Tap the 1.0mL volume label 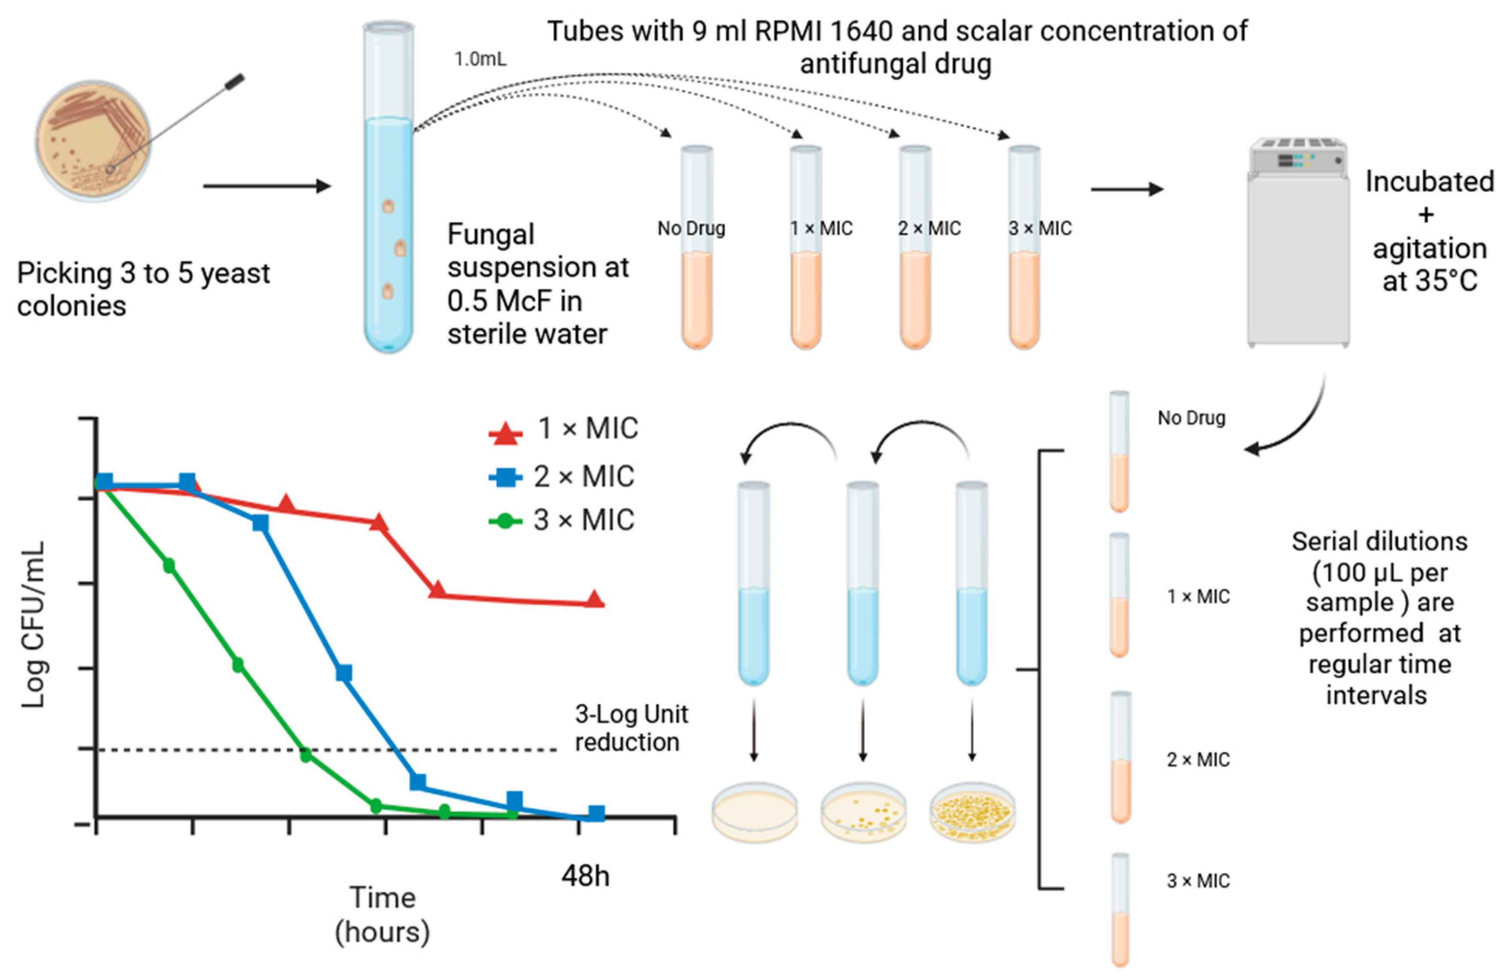480,59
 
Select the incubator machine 1298,243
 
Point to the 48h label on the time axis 585,876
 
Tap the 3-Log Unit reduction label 631,728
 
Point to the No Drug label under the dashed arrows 691,228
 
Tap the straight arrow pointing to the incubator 1127,189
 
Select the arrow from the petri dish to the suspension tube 267,186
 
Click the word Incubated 1429,182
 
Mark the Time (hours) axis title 382,915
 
